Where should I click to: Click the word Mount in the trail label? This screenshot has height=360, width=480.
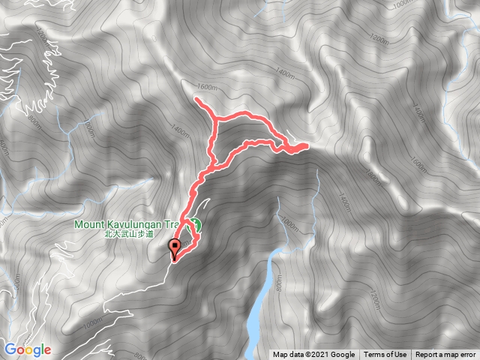pos(89,223)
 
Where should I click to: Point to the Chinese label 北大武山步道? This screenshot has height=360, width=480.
pos(128,234)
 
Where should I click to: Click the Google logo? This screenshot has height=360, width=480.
pos(28,349)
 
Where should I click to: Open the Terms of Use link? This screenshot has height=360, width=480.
pos(385,355)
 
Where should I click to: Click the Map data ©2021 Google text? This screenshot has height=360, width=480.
pos(313,355)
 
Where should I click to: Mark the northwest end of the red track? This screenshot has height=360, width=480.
pos(196,99)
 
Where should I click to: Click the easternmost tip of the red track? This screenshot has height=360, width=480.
pos(307,146)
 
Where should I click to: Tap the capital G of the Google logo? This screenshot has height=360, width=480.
pos(10,349)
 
